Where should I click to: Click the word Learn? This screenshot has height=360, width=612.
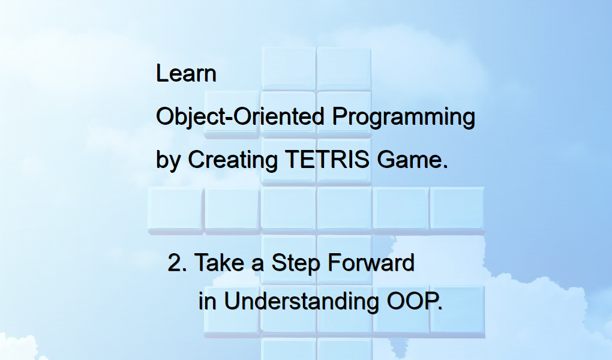click(x=186, y=73)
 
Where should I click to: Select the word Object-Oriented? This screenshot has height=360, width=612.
click(x=240, y=116)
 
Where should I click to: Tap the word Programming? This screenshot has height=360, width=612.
click(x=404, y=117)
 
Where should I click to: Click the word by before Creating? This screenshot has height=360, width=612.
click(x=168, y=160)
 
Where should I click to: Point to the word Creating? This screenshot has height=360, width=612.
click(x=233, y=160)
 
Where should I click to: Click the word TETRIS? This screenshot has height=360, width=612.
click(x=327, y=160)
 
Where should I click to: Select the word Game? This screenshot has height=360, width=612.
click(x=409, y=160)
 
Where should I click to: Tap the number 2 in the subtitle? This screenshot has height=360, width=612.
click(x=175, y=262)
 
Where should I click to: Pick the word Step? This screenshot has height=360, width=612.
click(x=295, y=263)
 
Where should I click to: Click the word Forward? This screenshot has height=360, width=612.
click(x=371, y=262)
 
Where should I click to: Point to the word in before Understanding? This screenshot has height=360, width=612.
click(x=207, y=301)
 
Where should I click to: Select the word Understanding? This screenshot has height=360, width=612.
click(x=301, y=302)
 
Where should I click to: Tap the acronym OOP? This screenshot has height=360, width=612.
click(x=413, y=301)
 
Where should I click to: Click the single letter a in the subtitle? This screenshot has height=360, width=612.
click(x=257, y=265)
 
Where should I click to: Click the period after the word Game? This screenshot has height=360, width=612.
click(x=446, y=167)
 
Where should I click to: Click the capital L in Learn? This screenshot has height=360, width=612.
click(x=162, y=73)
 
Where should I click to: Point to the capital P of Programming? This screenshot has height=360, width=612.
click(x=340, y=116)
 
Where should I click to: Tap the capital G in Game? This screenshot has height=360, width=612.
click(x=386, y=160)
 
